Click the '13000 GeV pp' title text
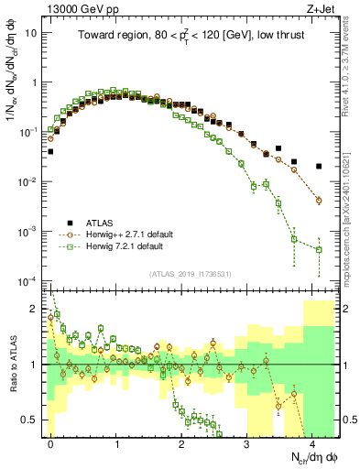click(x=80, y=9)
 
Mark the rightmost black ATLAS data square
click(x=319, y=166)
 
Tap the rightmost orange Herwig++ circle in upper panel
click(x=319, y=200)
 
